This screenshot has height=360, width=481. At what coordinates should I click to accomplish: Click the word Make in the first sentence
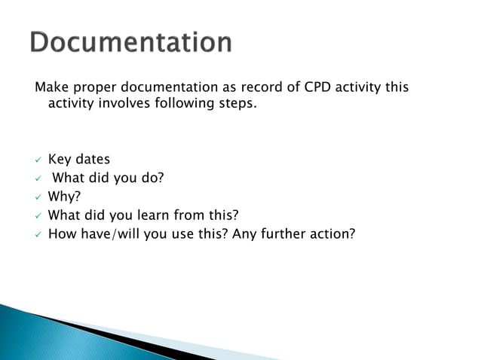tap(51, 87)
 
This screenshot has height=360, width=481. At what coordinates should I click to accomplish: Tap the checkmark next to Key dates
tap(38, 160)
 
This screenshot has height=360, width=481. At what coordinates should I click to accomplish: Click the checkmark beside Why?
tap(38, 197)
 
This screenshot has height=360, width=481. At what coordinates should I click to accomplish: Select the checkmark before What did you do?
tap(38, 178)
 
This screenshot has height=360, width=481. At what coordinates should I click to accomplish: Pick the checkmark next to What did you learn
tap(38, 215)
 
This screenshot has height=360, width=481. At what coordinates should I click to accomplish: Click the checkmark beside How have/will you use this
tap(38, 234)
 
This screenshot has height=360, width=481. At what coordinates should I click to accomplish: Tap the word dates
tap(93, 160)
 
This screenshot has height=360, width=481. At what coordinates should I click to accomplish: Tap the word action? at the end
tap(329, 233)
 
